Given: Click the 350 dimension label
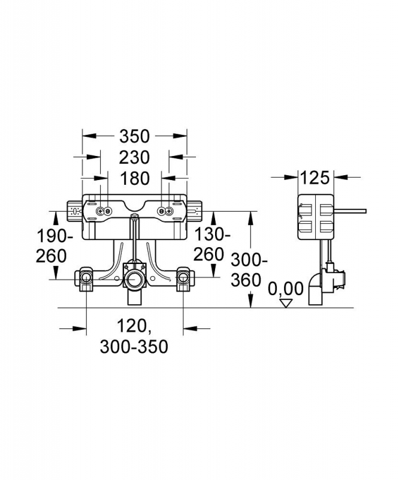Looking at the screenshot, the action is click(x=135, y=137).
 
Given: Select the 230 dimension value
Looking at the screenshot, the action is click(x=135, y=157).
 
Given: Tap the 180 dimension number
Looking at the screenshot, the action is click(x=135, y=178).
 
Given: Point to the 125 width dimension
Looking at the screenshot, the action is click(x=315, y=178).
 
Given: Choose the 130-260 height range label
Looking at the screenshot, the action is click(x=211, y=245).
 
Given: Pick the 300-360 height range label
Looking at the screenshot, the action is click(x=249, y=271).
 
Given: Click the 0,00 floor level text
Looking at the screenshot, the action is click(x=286, y=289).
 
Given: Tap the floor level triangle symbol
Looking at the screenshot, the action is click(x=286, y=304).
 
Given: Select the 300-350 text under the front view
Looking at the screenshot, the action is click(x=134, y=347).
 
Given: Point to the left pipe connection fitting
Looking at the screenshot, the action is click(x=86, y=278).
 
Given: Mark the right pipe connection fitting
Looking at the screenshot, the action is click(x=184, y=278).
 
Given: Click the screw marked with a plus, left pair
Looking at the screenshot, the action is click(x=100, y=211).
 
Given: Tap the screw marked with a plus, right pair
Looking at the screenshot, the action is click(x=169, y=211).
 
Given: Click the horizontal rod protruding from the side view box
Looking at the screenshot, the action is click(x=350, y=211).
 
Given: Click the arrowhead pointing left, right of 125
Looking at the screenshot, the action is click(x=341, y=176).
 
